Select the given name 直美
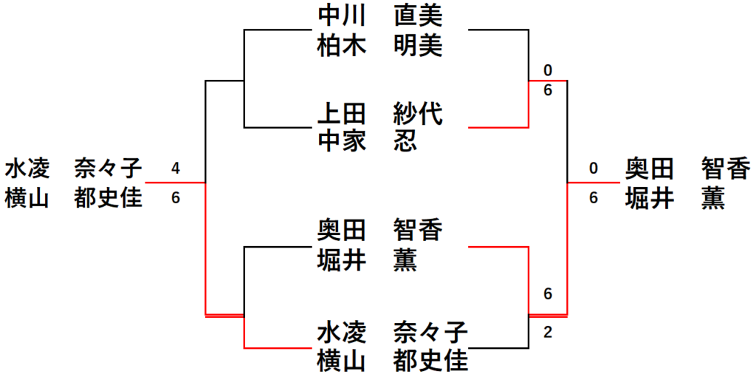click(418, 15)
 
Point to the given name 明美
click(418, 47)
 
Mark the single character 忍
click(405, 140)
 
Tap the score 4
click(175, 169)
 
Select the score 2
click(547, 332)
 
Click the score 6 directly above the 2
click(547, 294)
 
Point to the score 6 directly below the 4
click(175, 198)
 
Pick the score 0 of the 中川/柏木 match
click(547, 70)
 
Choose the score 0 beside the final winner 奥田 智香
click(593, 169)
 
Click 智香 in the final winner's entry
click(726, 169)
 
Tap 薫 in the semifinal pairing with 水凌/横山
click(405, 259)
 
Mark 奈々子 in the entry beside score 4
click(108, 169)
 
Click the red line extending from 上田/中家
click(498, 127)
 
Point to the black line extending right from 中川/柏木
click(498, 31)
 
